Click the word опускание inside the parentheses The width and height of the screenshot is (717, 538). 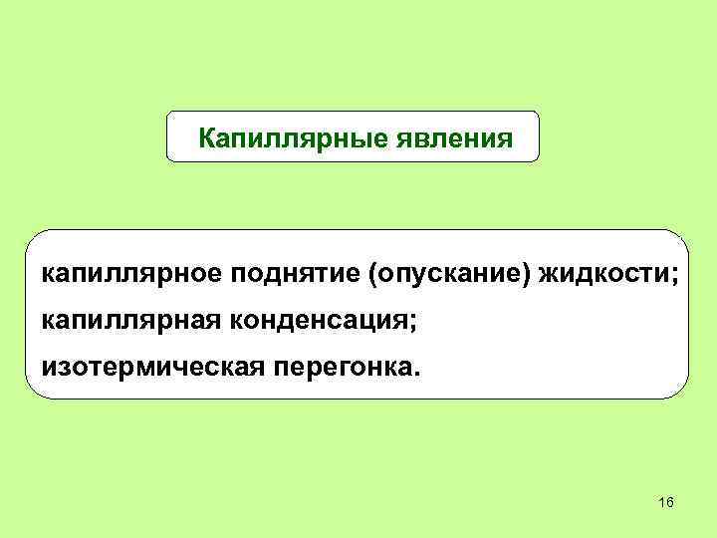coord(452,274)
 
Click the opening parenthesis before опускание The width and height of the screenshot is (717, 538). coord(374,275)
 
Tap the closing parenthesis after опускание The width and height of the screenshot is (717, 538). coord(531,275)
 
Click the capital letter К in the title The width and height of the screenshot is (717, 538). coord(208,136)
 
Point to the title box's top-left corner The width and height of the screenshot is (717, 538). coord(166,112)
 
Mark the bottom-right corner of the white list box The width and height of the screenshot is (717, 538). coord(687,398)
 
